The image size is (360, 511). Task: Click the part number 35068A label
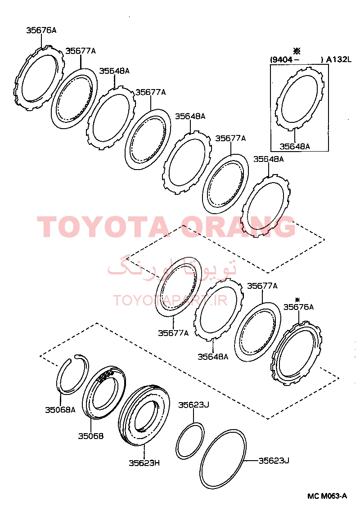[x=60, y=410]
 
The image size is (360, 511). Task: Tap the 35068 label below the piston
[x=90, y=436]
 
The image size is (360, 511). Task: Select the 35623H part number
[x=144, y=463]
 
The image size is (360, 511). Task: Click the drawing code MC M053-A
[x=327, y=496]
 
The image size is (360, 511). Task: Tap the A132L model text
[x=339, y=59]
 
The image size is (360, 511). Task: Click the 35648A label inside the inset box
[x=295, y=146]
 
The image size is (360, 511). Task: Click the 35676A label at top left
[x=41, y=30]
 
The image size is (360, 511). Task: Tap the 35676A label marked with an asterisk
[x=298, y=307]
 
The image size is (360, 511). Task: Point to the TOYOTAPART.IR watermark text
[x=170, y=300]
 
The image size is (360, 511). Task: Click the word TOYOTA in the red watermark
[x=103, y=227]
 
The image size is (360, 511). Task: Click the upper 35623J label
[x=193, y=405]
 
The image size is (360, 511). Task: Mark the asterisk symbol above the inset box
[x=297, y=51]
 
